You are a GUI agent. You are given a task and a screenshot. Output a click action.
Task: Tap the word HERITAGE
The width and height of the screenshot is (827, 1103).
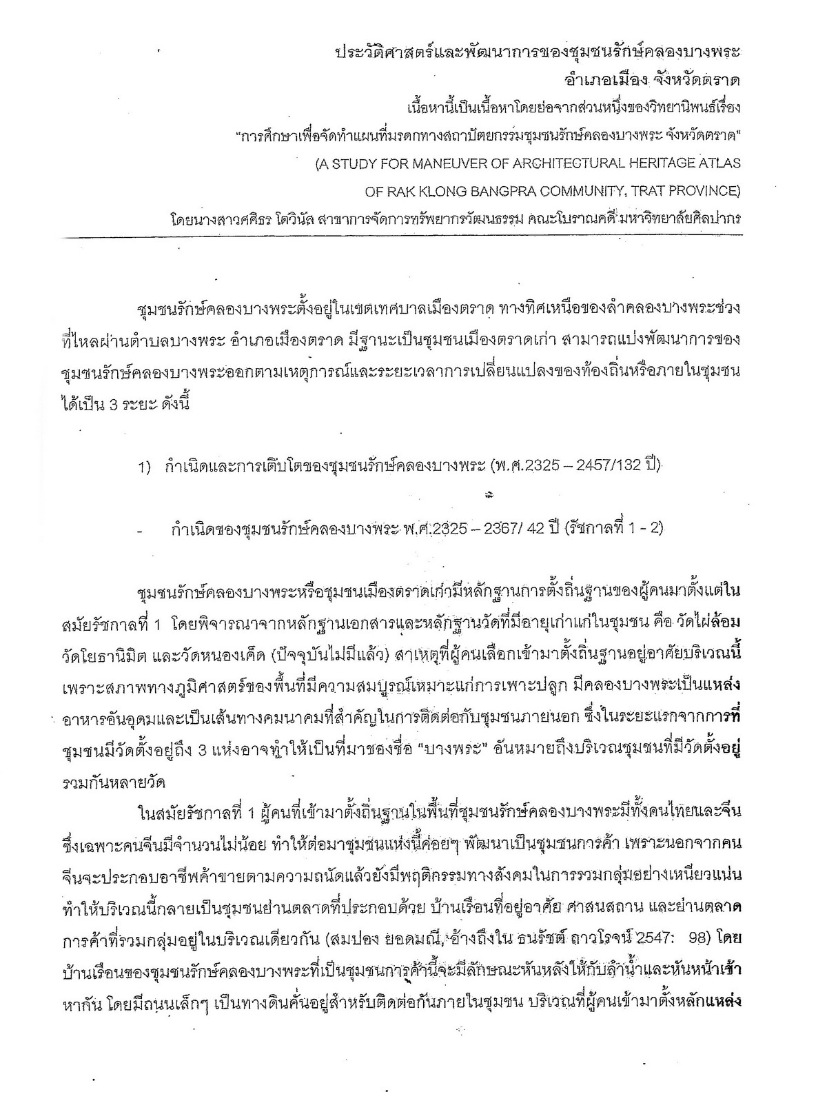pyautogui.click(x=657, y=164)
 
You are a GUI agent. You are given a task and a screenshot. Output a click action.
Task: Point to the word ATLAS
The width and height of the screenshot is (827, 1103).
pyautogui.click(x=719, y=164)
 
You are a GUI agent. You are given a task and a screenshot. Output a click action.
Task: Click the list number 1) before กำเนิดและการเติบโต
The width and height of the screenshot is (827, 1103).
pyautogui.click(x=144, y=468)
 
